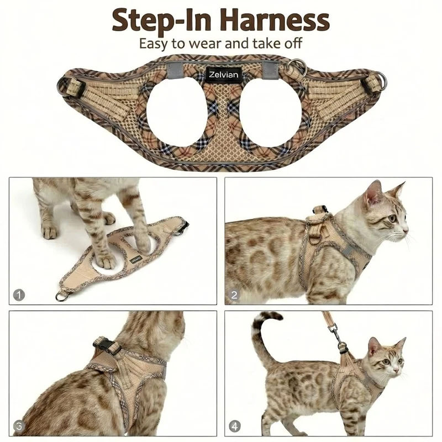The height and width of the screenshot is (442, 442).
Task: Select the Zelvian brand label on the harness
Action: (x=224, y=75)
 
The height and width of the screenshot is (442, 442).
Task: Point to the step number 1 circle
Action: (x=19, y=295)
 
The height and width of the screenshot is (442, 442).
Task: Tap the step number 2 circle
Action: (x=234, y=295)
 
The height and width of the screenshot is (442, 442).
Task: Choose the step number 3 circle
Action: (x=19, y=426)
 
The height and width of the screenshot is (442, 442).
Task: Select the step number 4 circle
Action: (x=234, y=426)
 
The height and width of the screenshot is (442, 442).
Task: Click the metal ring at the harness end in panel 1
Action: (x=62, y=296)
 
